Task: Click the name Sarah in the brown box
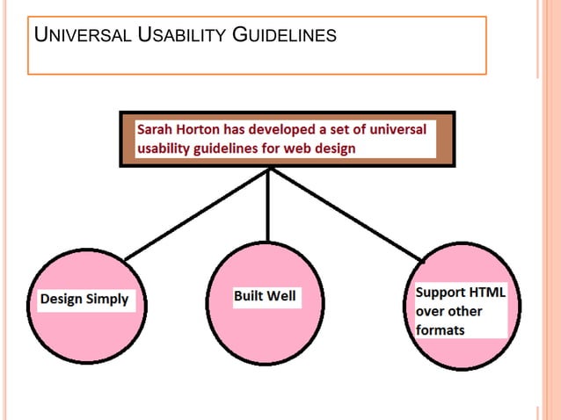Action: pyautogui.click(x=156, y=130)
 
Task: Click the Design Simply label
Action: pyautogui.click(x=84, y=300)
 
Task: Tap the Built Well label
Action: pyautogui.click(x=265, y=297)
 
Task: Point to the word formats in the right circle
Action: pyautogui.click(x=441, y=330)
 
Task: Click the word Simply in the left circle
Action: pyautogui.click(x=108, y=300)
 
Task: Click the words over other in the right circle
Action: pyautogui.click(x=448, y=311)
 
